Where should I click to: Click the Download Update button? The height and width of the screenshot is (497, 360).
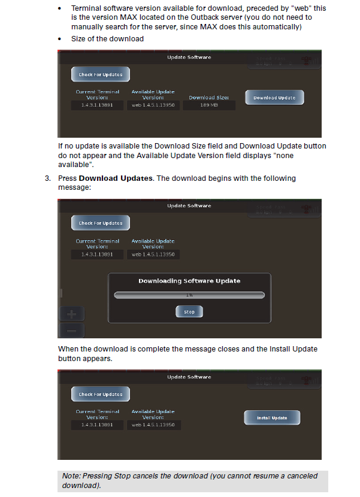[x=274, y=98]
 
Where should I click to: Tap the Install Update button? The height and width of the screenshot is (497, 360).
[x=272, y=418]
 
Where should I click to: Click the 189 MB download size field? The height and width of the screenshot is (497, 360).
[x=208, y=105]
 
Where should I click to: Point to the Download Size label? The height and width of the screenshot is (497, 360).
[x=208, y=97]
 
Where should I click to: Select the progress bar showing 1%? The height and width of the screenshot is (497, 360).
[x=189, y=295]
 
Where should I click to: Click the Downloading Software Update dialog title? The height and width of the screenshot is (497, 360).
[x=189, y=281]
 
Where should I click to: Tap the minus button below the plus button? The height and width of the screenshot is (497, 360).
[x=71, y=330]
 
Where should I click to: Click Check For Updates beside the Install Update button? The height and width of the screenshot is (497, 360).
[x=101, y=395]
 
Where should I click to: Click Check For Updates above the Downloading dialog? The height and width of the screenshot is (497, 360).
[x=101, y=223]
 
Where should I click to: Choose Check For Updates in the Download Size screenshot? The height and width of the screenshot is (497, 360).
[x=101, y=75]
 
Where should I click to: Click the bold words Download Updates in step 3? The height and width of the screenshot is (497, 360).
[x=115, y=178]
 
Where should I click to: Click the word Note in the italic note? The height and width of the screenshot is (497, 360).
[x=71, y=476]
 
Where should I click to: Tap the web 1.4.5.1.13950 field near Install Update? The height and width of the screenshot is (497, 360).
[x=153, y=425]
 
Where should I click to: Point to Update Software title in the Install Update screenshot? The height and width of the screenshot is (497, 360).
[x=189, y=377]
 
